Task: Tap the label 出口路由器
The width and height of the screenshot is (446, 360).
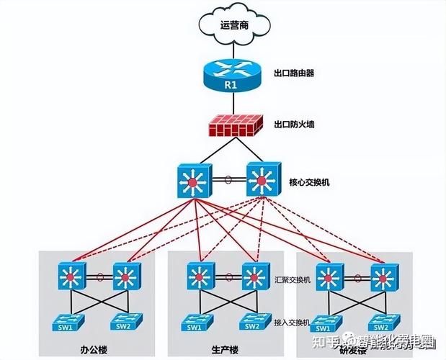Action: point(294,73)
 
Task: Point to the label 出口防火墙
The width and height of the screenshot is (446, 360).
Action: point(294,124)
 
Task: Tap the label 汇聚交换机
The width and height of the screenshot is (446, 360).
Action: point(293,279)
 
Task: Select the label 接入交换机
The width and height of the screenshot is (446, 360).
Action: point(293,322)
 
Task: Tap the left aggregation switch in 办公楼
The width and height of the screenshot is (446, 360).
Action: point(73,276)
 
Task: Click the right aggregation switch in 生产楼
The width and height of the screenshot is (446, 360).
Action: point(252,276)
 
